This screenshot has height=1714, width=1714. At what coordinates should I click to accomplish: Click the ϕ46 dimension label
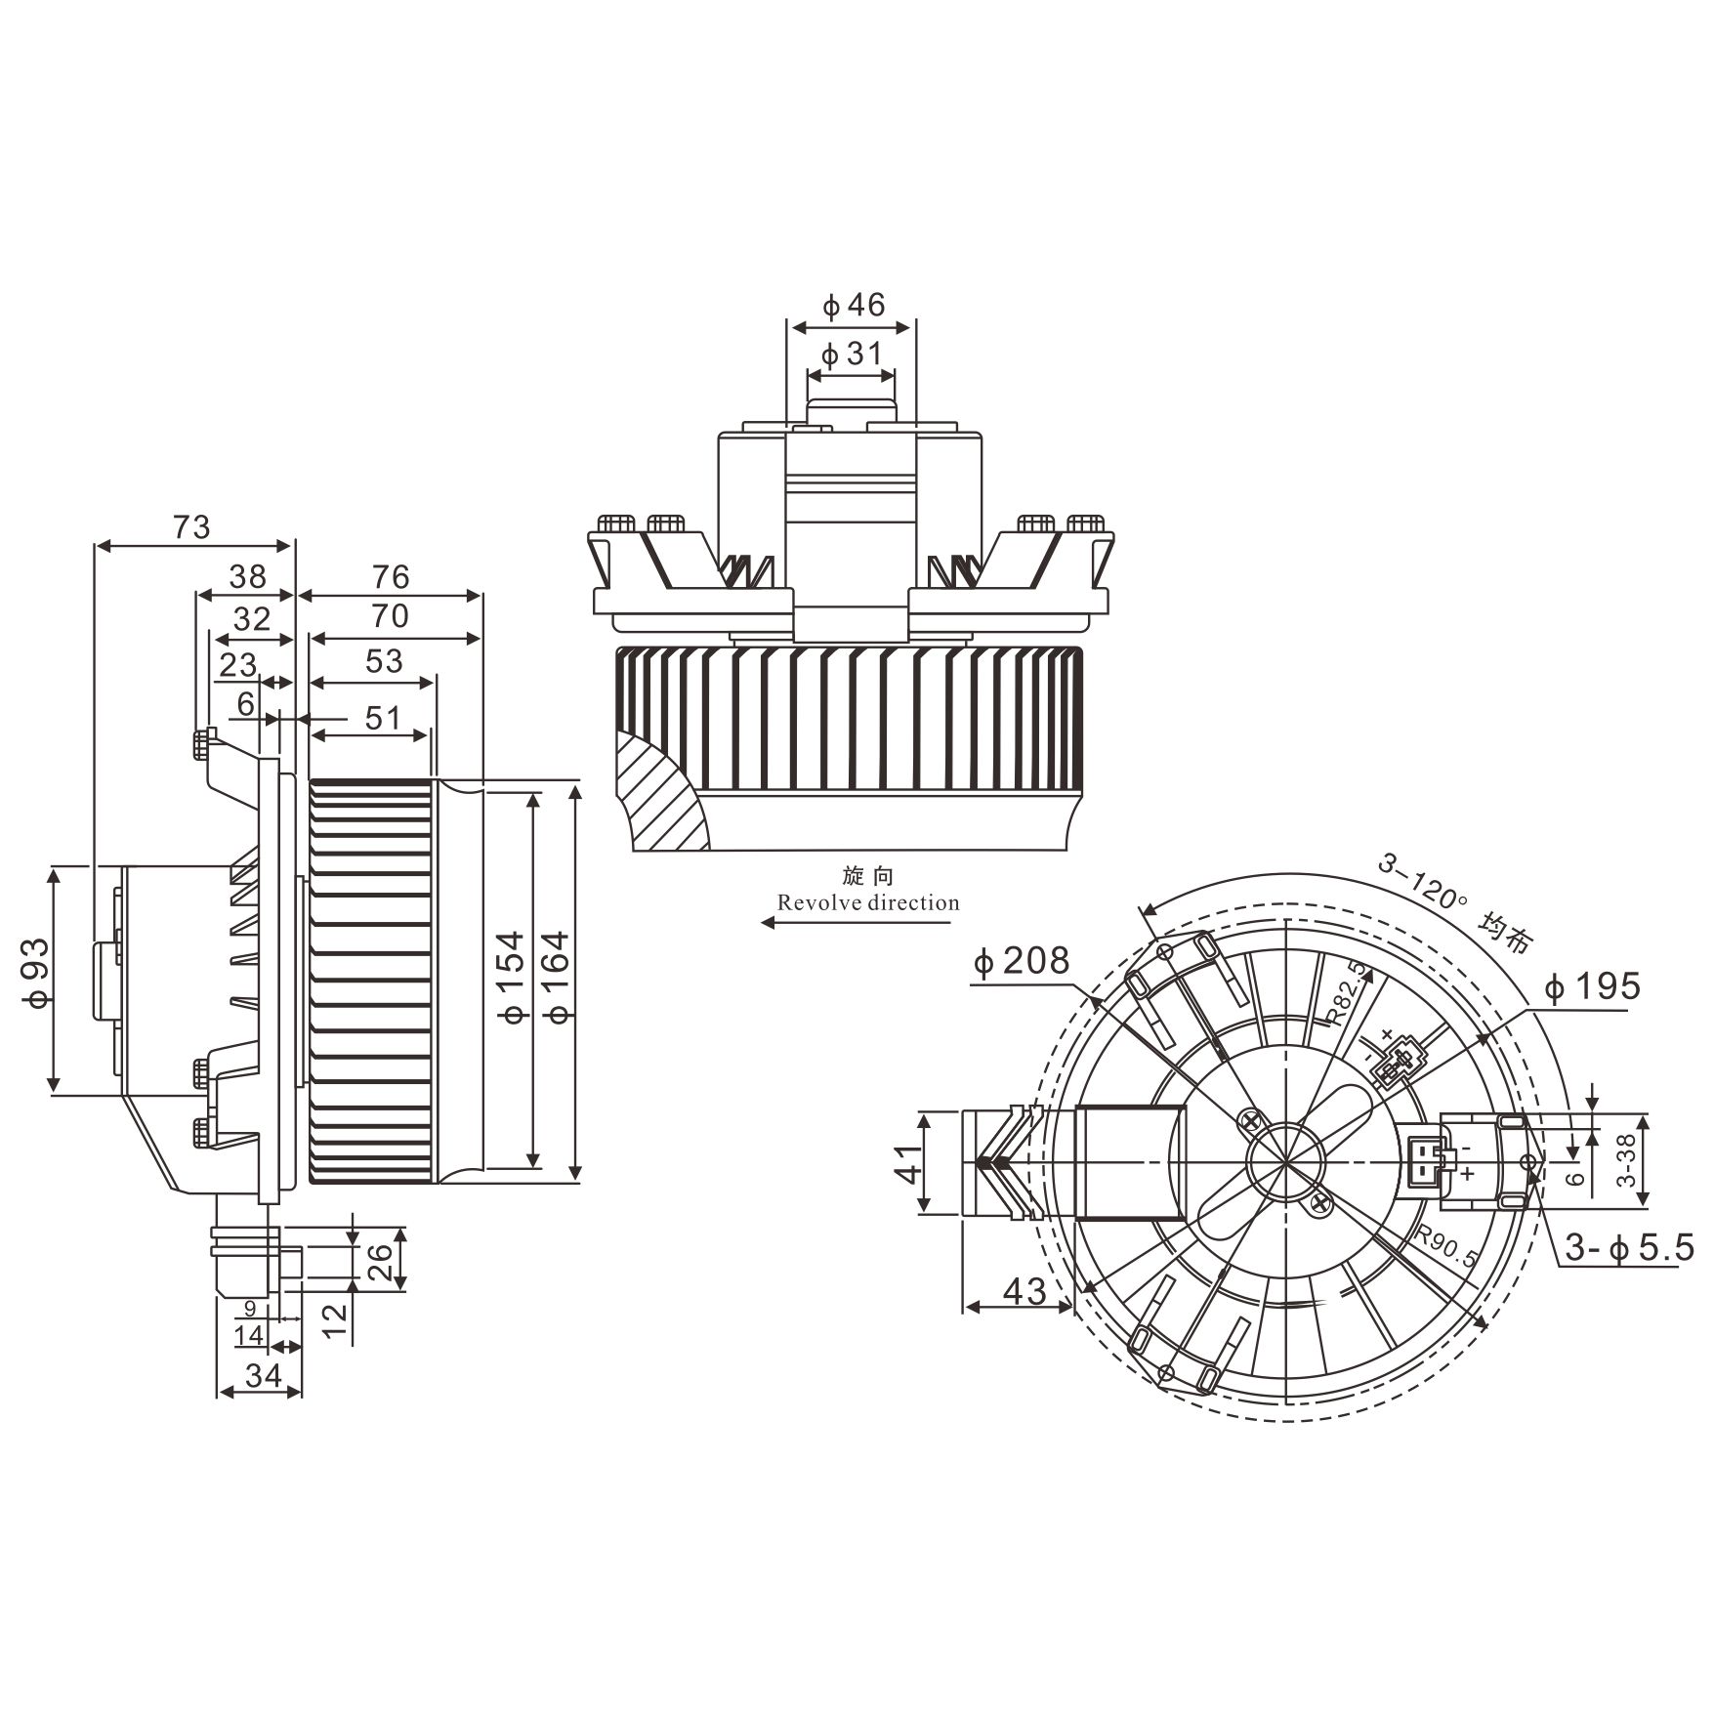(854, 306)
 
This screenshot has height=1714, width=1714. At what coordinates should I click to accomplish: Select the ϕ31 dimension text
(852, 354)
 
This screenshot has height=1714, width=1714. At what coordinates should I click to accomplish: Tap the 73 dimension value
(191, 526)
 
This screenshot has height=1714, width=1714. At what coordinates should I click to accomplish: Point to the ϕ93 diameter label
(35, 974)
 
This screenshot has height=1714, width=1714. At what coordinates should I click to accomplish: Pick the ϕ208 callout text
(1022, 961)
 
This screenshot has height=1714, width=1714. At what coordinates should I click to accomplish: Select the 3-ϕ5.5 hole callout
(1629, 1248)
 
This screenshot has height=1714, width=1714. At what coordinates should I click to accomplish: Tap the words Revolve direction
(868, 902)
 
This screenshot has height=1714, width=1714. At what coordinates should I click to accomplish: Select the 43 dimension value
(1024, 1291)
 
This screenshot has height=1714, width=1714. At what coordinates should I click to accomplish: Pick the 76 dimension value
(391, 576)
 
